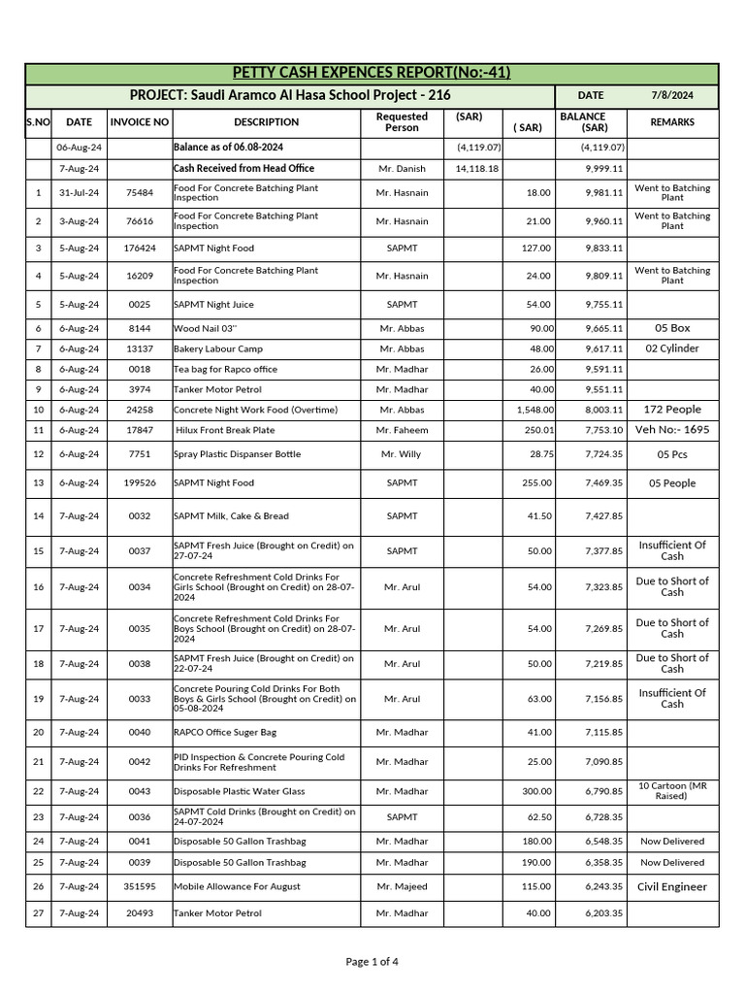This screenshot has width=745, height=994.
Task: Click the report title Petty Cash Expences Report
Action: coord(372,74)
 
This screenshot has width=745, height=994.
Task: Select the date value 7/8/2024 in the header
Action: coord(672,96)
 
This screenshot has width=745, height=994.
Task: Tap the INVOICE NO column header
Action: coord(140,122)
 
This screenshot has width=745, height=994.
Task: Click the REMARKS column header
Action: coord(672,122)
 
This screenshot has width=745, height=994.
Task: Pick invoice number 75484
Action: coord(140,193)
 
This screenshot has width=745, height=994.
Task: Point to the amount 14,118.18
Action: coord(477,168)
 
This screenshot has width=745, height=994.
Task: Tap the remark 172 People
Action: coord(672,410)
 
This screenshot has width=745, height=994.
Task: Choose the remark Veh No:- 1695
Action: coord(672,429)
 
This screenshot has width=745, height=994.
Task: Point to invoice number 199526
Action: coord(140,482)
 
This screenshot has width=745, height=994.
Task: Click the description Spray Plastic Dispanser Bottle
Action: coord(237,454)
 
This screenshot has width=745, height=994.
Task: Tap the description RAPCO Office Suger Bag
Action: coord(225,733)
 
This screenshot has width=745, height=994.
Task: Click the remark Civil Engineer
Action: coord(672,886)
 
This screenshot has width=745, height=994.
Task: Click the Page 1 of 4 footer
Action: coord(372,962)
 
